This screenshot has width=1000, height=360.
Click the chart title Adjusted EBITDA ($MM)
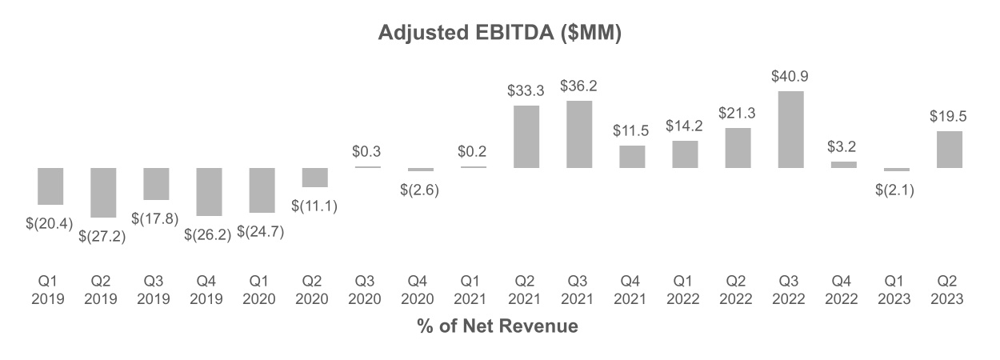(499, 34)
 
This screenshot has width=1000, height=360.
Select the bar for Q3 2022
(790, 130)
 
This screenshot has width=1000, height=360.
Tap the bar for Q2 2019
(103, 192)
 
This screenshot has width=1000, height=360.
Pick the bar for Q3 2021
(578, 134)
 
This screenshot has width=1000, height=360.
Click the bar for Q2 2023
(948, 150)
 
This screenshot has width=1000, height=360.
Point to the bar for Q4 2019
(209, 191)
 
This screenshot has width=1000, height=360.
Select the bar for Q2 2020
(314, 178)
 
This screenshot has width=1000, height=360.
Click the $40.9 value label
(790, 77)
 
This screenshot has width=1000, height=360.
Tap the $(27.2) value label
(102, 236)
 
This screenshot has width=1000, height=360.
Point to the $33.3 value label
(526, 91)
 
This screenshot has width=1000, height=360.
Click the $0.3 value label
(367, 150)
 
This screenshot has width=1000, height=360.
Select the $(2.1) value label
(895, 190)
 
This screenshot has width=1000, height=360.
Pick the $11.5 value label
(631, 130)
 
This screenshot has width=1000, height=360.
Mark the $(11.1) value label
(314, 206)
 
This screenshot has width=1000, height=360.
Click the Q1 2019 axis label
(50, 290)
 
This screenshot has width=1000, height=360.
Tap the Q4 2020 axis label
(420, 290)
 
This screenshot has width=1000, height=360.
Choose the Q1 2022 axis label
(684, 290)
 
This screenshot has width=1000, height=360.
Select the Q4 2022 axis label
(842, 290)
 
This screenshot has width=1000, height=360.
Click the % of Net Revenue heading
(497, 326)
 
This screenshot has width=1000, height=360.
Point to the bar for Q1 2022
(684, 154)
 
